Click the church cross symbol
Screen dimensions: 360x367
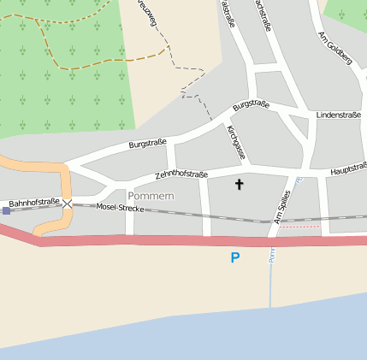[239, 184]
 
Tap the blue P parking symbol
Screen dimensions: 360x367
[235, 257]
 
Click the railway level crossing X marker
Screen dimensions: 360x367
[67, 204]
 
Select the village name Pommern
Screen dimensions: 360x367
[151, 197]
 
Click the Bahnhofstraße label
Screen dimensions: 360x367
[34, 203]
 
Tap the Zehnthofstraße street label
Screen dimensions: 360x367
[181, 174]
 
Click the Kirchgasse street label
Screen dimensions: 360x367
[236, 141]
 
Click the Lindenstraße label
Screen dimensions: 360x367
[338, 114]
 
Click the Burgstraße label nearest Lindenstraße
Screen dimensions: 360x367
[251, 106]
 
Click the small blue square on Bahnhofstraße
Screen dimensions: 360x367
[6, 210]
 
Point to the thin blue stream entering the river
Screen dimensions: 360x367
[270, 282]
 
